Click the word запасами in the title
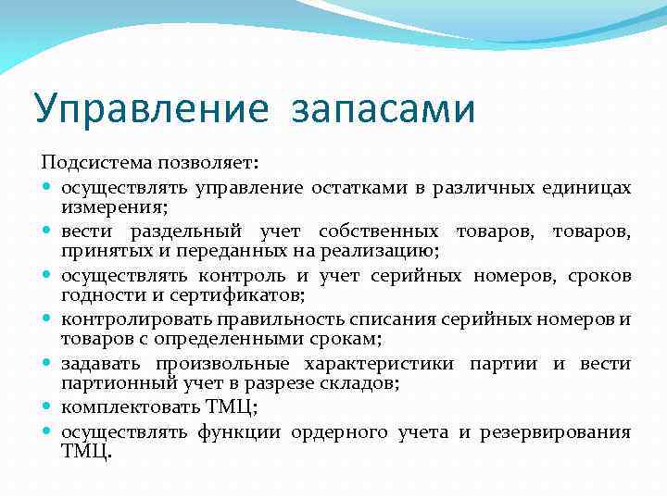[x=383, y=107]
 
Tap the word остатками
[x=357, y=189]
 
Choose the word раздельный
[x=186, y=232]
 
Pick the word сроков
[x=600, y=276]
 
